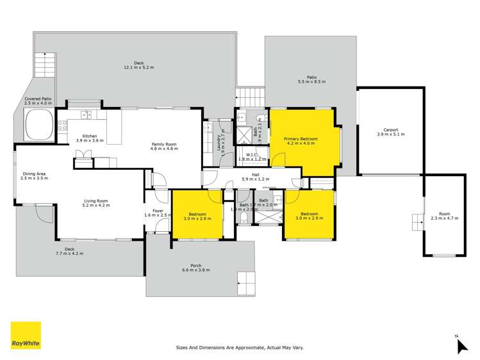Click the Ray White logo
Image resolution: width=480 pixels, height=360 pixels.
[x=26, y=336]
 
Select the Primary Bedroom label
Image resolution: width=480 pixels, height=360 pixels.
[x=301, y=141]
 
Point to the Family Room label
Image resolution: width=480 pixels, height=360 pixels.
[x=164, y=146]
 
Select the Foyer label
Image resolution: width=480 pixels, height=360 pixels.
[x=156, y=212]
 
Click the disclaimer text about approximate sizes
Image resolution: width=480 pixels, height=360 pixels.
[x=240, y=348]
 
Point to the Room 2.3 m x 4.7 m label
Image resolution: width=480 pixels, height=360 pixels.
[x=444, y=216]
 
